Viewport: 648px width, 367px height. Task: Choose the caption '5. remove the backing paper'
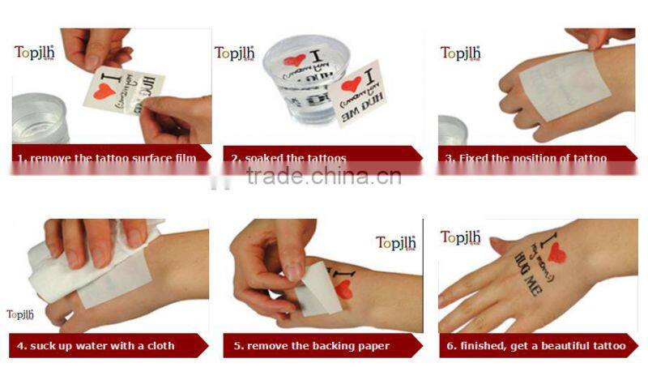click(312, 346)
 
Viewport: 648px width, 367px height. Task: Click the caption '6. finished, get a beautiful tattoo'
click(537, 346)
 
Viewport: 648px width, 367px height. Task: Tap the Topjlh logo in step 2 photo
click(235, 53)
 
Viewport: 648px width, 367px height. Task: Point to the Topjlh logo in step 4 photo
click(22, 314)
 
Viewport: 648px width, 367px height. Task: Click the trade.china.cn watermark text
click(325, 177)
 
